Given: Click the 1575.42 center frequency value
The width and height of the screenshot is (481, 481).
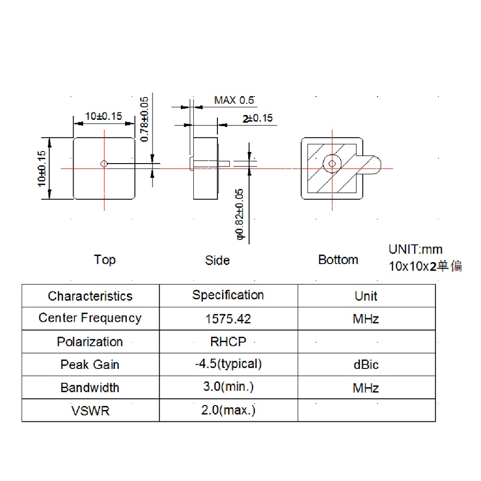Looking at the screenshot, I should [x=228, y=319].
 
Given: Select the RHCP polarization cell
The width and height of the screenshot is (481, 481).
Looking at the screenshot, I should [x=228, y=342].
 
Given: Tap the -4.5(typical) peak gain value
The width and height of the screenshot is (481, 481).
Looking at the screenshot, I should [x=228, y=364].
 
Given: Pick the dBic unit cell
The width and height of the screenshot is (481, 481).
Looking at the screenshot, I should [x=366, y=365].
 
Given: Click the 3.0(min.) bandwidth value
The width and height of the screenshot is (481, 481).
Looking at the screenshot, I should [x=228, y=387].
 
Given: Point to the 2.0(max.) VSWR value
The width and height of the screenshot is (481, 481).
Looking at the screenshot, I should [x=228, y=410].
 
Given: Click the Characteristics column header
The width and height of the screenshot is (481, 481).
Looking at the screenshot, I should [x=90, y=296].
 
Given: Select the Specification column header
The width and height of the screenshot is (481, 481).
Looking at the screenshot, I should [x=228, y=295].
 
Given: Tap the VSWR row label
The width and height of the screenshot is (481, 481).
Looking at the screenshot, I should [x=90, y=411].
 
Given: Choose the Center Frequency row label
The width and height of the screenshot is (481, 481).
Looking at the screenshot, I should [x=90, y=318].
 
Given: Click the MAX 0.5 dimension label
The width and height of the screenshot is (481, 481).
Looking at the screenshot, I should [x=234, y=101].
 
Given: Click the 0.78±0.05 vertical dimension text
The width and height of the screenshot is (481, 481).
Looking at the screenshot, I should [x=144, y=119].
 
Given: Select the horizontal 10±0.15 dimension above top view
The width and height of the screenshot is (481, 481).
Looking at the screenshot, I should [x=103, y=116].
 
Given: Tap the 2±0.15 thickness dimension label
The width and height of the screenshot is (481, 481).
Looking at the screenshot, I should [x=257, y=118].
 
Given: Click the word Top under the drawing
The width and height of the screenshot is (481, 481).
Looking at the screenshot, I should [x=104, y=260].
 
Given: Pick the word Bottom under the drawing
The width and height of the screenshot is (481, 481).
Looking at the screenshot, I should [x=338, y=260].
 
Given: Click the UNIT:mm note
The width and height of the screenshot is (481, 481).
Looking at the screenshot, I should [x=416, y=250].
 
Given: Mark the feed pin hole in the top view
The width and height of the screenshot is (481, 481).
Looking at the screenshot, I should [x=103, y=164].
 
